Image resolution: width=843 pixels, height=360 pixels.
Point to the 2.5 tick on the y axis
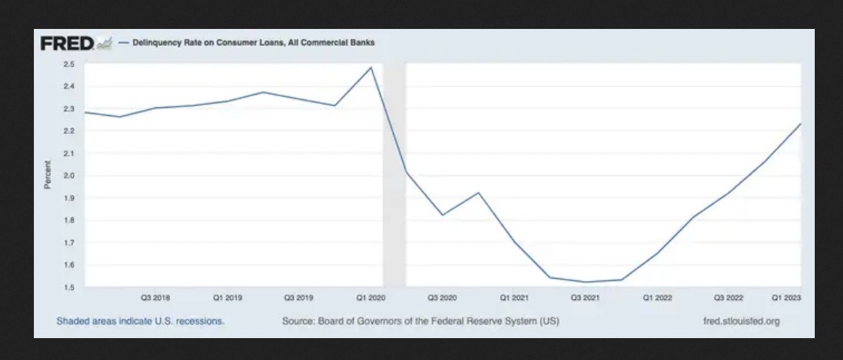(x=69, y=64)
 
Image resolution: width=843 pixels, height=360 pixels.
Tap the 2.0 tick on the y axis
(x=69, y=176)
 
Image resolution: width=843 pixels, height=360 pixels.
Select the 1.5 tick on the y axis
(x=69, y=287)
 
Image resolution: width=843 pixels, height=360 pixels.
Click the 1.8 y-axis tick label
(x=69, y=220)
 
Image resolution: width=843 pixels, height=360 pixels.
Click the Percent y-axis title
(x=48, y=175)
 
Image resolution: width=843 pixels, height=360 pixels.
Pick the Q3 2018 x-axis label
(x=155, y=298)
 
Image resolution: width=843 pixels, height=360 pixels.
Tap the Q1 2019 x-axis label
(x=227, y=298)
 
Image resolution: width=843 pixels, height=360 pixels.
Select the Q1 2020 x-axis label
(x=371, y=298)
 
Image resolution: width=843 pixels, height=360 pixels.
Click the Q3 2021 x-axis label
(x=585, y=298)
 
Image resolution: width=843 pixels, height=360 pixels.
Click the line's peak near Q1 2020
(x=371, y=68)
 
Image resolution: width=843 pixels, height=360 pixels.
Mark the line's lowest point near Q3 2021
(x=585, y=282)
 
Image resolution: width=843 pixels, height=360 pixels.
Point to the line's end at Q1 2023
(x=800, y=124)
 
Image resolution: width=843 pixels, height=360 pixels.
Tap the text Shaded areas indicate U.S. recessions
(x=140, y=321)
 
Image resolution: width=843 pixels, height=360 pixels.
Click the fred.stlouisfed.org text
(x=741, y=321)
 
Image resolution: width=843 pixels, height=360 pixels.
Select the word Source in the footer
(x=297, y=321)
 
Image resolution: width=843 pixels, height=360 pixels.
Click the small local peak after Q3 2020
(x=479, y=193)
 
